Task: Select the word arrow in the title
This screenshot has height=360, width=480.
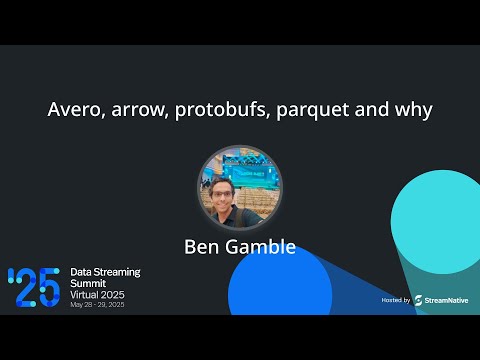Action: coord(134,110)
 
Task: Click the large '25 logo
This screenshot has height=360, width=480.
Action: coord(34,288)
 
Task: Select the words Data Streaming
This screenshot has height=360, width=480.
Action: coord(105,272)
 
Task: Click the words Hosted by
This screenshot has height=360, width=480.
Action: coord(396,299)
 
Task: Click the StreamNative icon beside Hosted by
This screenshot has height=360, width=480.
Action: coord(418,299)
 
